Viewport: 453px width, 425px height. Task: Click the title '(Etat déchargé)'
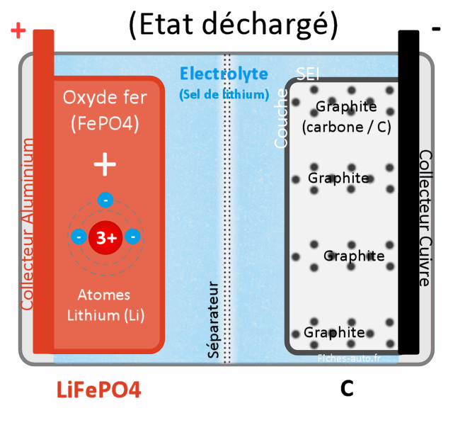click(x=233, y=25)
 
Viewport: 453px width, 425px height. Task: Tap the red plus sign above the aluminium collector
click(x=18, y=30)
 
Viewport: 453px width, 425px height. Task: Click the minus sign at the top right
click(x=436, y=28)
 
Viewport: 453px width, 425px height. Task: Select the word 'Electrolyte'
click(x=224, y=74)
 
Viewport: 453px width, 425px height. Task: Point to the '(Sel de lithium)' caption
click(x=224, y=94)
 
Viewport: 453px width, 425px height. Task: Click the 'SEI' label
click(x=309, y=74)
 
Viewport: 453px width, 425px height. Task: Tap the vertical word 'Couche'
click(x=281, y=119)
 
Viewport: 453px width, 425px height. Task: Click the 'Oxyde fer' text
click(x=105, y=98)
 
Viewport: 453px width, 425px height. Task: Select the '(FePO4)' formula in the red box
click(x=105, y=124)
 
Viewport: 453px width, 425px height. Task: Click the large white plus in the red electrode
click(x=105, y=165)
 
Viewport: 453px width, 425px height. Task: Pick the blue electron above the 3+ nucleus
click(x=105, y=200)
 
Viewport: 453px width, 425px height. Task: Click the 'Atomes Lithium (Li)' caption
click(x=105, y=305)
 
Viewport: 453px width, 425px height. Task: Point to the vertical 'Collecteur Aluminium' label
click(x=28, y=225)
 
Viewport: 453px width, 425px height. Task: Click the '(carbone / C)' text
click(x=346, y=127)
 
